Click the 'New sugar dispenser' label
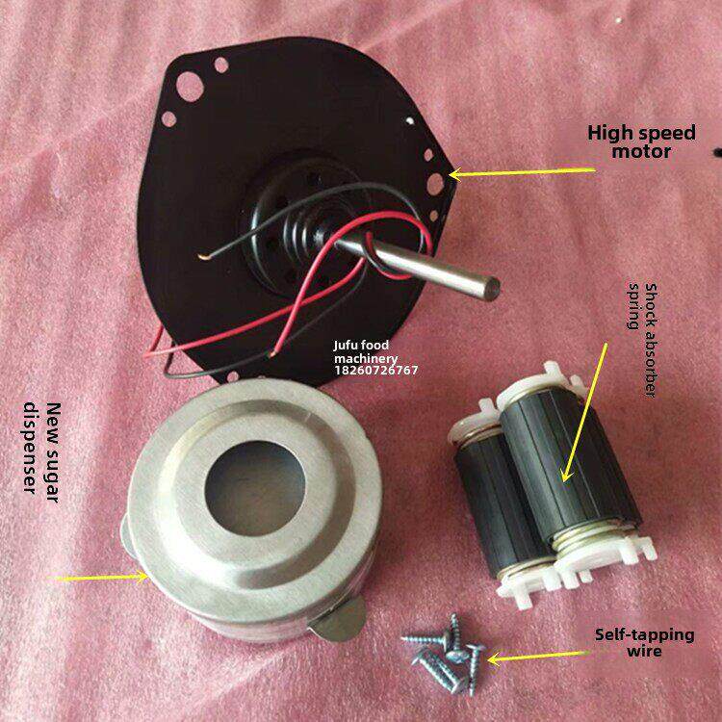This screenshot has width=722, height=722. coord(40,447)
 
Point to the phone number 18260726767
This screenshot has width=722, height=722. coord(375,369)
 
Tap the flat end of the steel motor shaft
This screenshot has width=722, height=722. coord(492,285)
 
